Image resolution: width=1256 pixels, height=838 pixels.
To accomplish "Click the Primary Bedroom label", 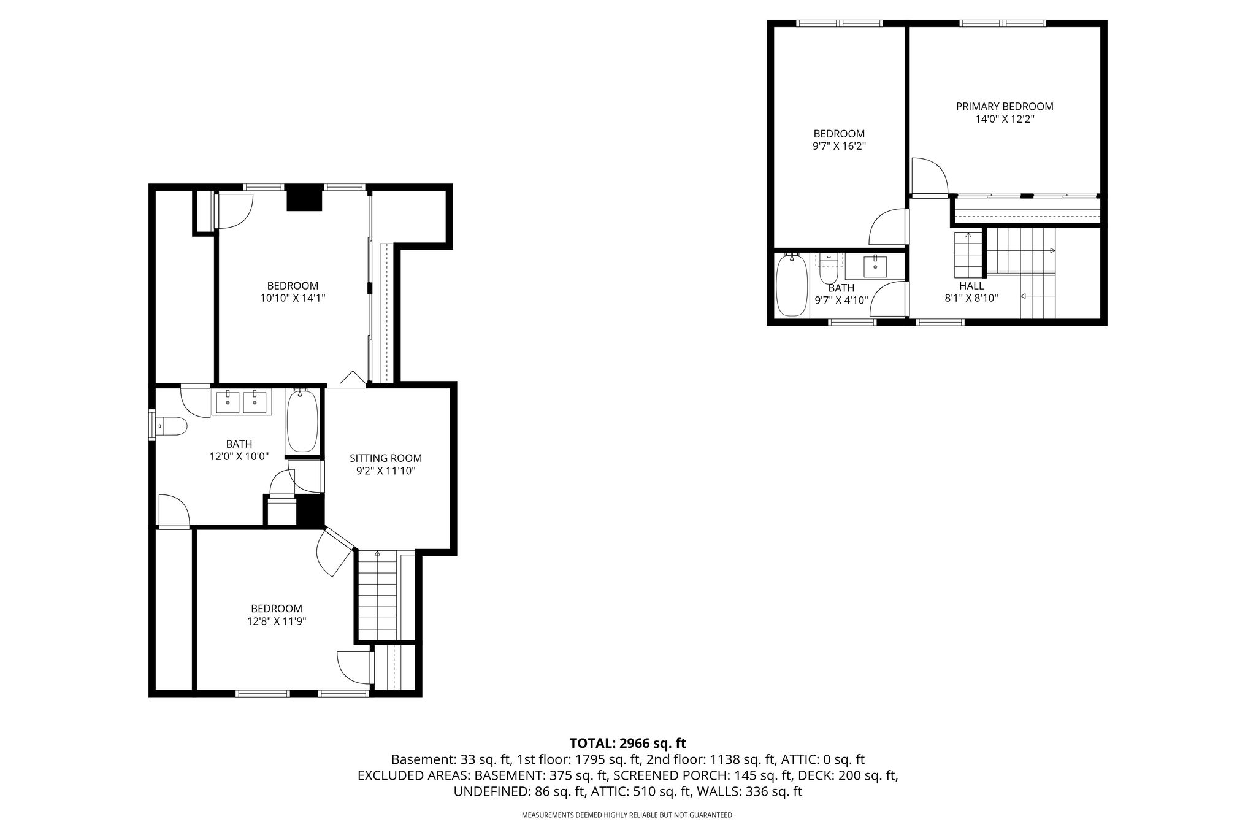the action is (1005, 106).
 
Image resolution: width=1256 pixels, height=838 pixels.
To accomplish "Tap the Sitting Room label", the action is (386, 458).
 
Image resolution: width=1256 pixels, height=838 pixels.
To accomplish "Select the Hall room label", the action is (971, 286).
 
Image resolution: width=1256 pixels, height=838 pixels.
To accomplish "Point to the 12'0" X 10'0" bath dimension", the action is (239, 456).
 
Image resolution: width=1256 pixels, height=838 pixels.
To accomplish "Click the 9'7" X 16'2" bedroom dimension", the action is (839, 147).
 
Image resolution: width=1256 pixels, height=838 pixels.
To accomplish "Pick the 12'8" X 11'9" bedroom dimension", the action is (277, 621).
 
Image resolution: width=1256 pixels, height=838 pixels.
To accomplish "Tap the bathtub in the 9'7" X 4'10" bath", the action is (792, 285).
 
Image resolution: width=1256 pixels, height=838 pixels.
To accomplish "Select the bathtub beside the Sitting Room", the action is (302, 420).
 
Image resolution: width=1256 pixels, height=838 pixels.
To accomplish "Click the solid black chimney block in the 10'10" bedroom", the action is (304, 198).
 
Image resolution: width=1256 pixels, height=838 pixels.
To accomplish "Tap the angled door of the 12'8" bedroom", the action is (334, 552).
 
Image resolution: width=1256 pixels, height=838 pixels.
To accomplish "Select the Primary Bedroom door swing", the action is (930, 176).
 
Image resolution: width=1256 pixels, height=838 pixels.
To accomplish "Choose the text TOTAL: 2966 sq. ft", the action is (628, 744).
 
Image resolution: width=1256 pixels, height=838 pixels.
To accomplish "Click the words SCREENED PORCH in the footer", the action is (670, 775).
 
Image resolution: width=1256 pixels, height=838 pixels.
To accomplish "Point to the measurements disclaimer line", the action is (627, 815).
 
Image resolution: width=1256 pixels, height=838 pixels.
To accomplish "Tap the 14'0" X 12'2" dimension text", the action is (1005, 119).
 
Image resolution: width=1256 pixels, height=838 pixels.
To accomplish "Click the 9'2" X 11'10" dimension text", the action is (386, 471).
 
